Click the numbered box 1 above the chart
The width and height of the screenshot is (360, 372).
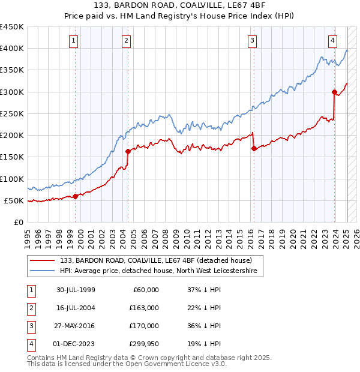pyautogui.click(x=73, y=41)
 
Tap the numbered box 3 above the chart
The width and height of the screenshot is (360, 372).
pyautogui.click(x=252, y=41)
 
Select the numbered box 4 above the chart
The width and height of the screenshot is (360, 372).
pyautogui.click(x=332, y=41)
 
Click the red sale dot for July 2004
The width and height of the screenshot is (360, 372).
pyautogui.click(x=128, y=151)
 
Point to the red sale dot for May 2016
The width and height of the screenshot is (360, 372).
pyautogui.click(x=254, y=148)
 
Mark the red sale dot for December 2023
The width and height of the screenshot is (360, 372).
pyautogui.click(x=334, y=92)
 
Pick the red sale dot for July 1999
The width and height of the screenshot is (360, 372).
pyautogui.click(x=76, y=196)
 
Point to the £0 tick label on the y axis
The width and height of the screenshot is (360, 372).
pyautogui.click(x=19, y=222)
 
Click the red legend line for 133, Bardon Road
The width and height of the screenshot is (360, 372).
pyautogui.click(x=42, y=260)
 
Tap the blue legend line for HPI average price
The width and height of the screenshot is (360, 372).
pyautogui.click(x=42, y=271)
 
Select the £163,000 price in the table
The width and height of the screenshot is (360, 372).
pyautogui.click(x=145, y=307)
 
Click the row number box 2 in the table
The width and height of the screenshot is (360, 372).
pyautogui.click(x=29, y=307)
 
